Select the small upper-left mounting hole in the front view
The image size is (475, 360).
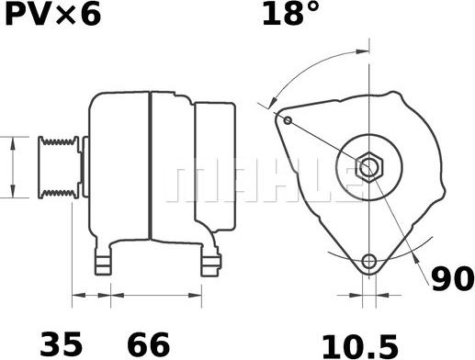click(x=288, y=120)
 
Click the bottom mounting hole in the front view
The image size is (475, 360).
click(x=369, y=261)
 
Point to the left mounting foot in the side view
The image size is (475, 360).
click(x=106, y=254)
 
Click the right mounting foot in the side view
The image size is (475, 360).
click(x=209, y=260)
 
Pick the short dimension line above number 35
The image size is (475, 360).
click(x=91, y=296)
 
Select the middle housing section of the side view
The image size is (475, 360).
click(x=171, y=165)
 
